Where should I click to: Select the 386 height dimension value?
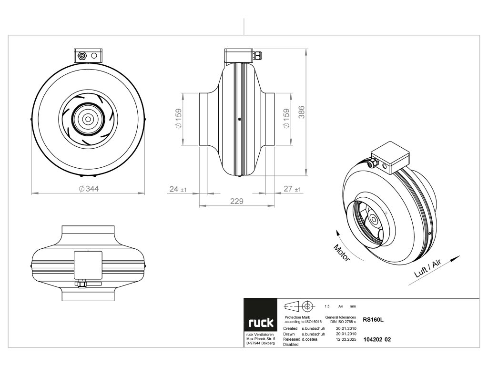pyautogui.click(x=302, y=112)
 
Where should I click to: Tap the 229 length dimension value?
pyautogui.click(x=237, y=202)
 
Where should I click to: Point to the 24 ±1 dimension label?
pyautogui.click(x=178, y=190)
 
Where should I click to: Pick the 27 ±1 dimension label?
pyautogui.click(x=292, y=190)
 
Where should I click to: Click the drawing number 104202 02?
pyautogui.click(x=377, y=340)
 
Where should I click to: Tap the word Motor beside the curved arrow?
pyautogui.click(x=342, y=253)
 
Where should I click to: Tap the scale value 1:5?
pyautogui.click(x=327, y=306)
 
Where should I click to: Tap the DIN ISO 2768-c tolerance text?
pyautogui.click(x=340, y=323)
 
